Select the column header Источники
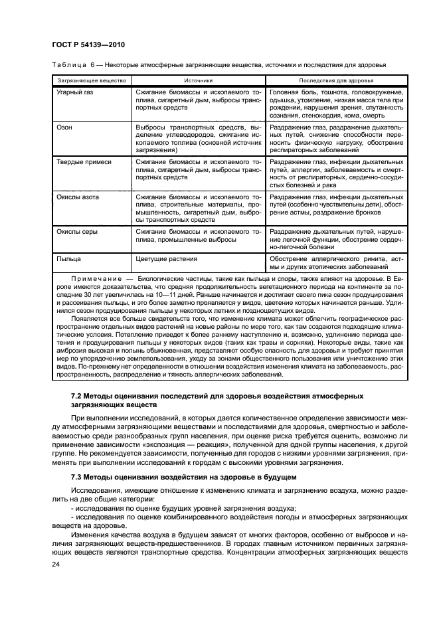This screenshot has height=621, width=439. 199,80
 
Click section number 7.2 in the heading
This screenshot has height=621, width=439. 78,396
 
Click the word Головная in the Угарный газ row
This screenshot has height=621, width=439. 284,92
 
